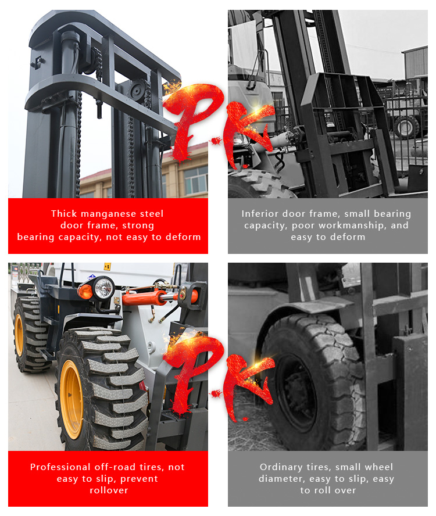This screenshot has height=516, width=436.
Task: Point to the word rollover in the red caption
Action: (109, 490)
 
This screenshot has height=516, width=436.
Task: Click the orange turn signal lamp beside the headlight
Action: (85, 292)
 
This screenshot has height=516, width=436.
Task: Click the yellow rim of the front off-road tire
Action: (71, 399)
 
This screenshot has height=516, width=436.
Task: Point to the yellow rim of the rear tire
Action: (19, 335)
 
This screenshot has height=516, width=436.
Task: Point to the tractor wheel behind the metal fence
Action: (406, 127)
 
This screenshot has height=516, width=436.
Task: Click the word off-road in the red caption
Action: (115, 467)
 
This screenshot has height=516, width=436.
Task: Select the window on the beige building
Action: (196, 180)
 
